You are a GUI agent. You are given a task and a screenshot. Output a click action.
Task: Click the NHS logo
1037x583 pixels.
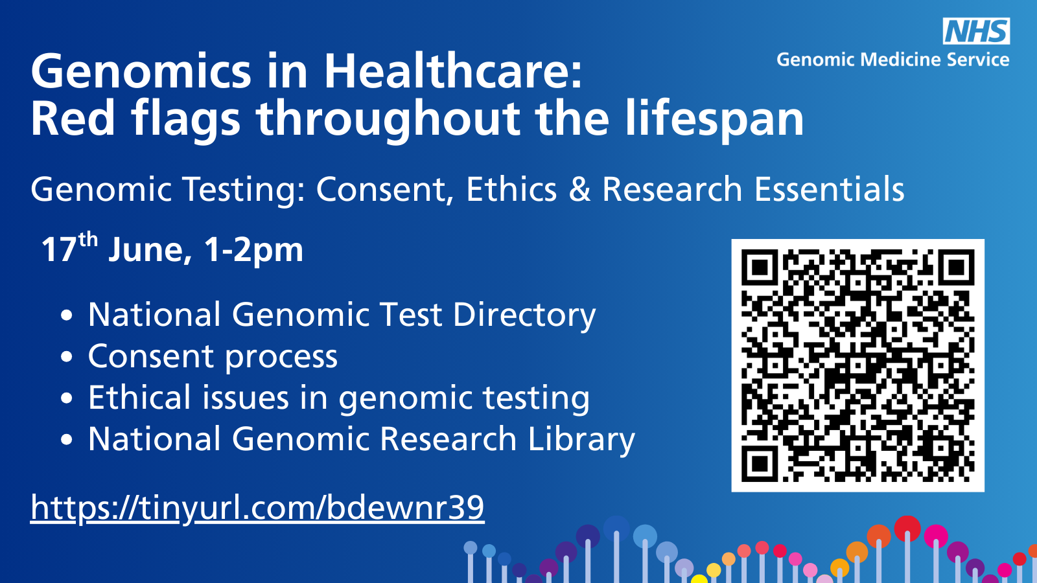pyautogui.click(x=976, y=32)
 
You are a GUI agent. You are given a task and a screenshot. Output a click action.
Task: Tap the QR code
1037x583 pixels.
pyautogui.click(x=858, y=365)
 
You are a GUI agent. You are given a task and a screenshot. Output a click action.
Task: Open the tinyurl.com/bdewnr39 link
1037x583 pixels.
pyautogui.click(x=257, y=508)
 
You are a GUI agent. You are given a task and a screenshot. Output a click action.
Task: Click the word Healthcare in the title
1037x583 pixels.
pyautogui.click(x=452, y=71)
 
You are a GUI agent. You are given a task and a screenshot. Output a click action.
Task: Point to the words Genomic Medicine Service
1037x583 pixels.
pyautogui.click(x=893, y=60)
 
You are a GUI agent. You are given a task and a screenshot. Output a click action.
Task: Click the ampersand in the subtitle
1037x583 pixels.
pyautogui.click(x=579, y=189)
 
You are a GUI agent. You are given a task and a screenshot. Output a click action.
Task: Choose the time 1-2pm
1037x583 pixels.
pyautogui.click(x=253, y=250)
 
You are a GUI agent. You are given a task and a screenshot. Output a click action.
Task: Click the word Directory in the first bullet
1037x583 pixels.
pyautogui.click(x=524, y=315)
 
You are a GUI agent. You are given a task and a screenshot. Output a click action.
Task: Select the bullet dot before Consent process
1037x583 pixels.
pyautogui.click(x=67, y=357)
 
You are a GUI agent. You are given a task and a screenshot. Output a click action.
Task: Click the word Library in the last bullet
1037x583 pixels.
pyautogui.click(x=581, y=440)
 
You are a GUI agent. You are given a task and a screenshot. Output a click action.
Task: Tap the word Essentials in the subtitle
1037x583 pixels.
pyautogui.click(x=829, y=189)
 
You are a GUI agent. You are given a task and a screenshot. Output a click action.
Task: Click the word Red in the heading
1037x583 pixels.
pyautogui.click(x=73, y=119)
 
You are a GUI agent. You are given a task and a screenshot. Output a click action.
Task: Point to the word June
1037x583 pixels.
pyautogui.click(x=150, y=250)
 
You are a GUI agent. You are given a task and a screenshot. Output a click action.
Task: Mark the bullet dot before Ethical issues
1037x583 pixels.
pyautogui.click(x=67, y=398)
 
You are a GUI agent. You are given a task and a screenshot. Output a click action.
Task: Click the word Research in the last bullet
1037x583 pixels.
pyautogui.click(x=448, y=439)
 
